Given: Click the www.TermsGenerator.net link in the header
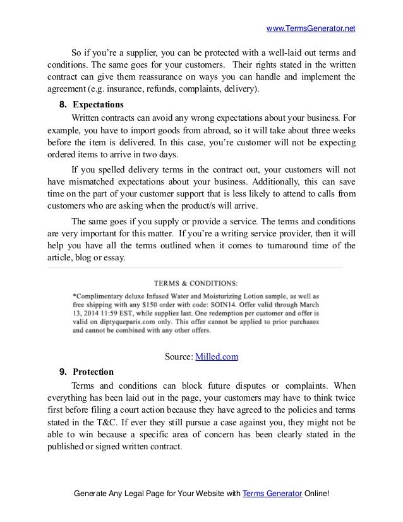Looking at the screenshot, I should [311, 28].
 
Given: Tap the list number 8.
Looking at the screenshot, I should [63, 104].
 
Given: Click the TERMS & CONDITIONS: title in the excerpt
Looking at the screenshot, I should [195, 282].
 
